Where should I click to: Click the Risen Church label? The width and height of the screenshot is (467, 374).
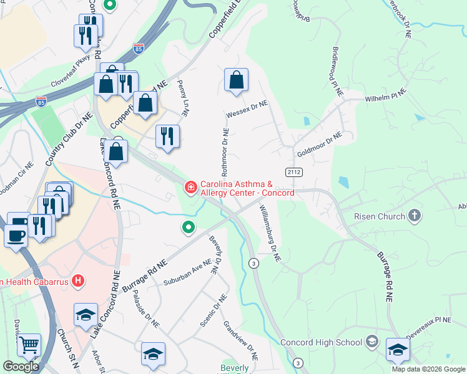coord(372,217)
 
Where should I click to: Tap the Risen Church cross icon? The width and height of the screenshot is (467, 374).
coord(413,216)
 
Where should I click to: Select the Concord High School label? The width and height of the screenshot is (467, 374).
coord(321,342)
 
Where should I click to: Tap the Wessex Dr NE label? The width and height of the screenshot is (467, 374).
coord(247,110)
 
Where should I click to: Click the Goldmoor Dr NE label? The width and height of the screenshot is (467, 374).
coord(320,144)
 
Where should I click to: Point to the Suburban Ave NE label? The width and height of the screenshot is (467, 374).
coord(188,272)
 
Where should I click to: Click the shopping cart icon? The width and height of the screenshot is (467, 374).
coord(29,345)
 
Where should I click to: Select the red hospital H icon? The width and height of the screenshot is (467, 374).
coord(78,281)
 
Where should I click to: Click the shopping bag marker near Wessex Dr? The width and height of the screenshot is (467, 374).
coord(237,80)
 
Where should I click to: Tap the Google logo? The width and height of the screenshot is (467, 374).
coord(21,366)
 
